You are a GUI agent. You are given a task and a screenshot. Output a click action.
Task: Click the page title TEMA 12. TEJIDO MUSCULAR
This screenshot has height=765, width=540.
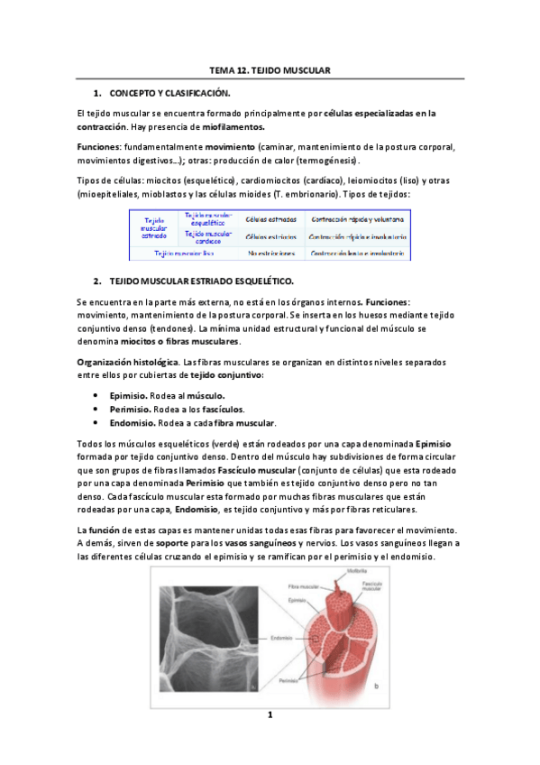(270, 69)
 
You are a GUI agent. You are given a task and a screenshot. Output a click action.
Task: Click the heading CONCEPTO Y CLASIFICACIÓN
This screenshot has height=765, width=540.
(169, 93)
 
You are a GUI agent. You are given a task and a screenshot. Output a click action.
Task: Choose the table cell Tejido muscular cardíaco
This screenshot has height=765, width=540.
(208, 237)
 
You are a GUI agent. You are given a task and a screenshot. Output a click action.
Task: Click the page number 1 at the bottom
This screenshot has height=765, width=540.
(270, 715)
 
